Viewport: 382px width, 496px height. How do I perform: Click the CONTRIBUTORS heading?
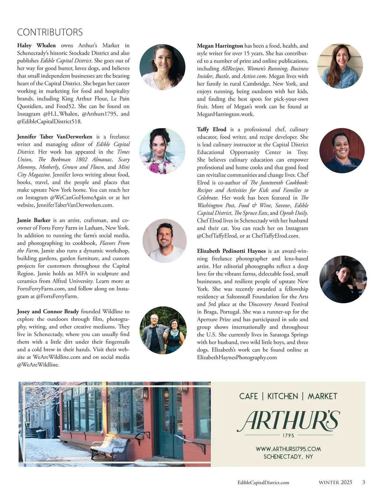pyautogui.click(x=50, y=32)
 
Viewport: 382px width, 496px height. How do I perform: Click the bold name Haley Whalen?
pyautogui.click(x=36, y=46)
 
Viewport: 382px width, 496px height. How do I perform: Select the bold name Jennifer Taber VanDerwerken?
pyautogui.click(x=54, y=137)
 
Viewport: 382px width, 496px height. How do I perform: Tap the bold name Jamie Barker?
pyautogui.click(x=34, y=220)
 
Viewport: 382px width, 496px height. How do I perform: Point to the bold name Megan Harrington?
pyautogui.click(x=220, y=46)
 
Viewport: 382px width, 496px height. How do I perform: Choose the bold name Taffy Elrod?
pyautogui.click(x=212, y=129)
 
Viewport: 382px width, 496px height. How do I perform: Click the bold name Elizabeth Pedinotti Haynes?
pyautogui.click(x=231, y=251)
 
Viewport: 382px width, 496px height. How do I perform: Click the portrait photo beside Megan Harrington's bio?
pyautogui.click(x=340, y=66)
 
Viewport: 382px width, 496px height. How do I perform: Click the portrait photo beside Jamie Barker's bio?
pyautogui.click(x=164, y=240)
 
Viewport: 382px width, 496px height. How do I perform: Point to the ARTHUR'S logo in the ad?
pyautogui.click(x=288, y=421)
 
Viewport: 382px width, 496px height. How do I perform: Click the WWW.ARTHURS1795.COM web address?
pyautogui.click(x=288, y=449)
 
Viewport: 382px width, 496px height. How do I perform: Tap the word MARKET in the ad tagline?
pyautogui.click(x=322, y=396)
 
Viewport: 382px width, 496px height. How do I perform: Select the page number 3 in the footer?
pyautogui.click(x=364, y=482)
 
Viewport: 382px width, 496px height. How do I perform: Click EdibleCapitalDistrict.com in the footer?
pyautogui.click(x=263, y=483)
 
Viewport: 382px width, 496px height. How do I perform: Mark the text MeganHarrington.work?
pyautogui.click(x=225, y=114)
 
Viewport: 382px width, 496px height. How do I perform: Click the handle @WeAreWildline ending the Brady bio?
pyautogui.click(x=38, y=365)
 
